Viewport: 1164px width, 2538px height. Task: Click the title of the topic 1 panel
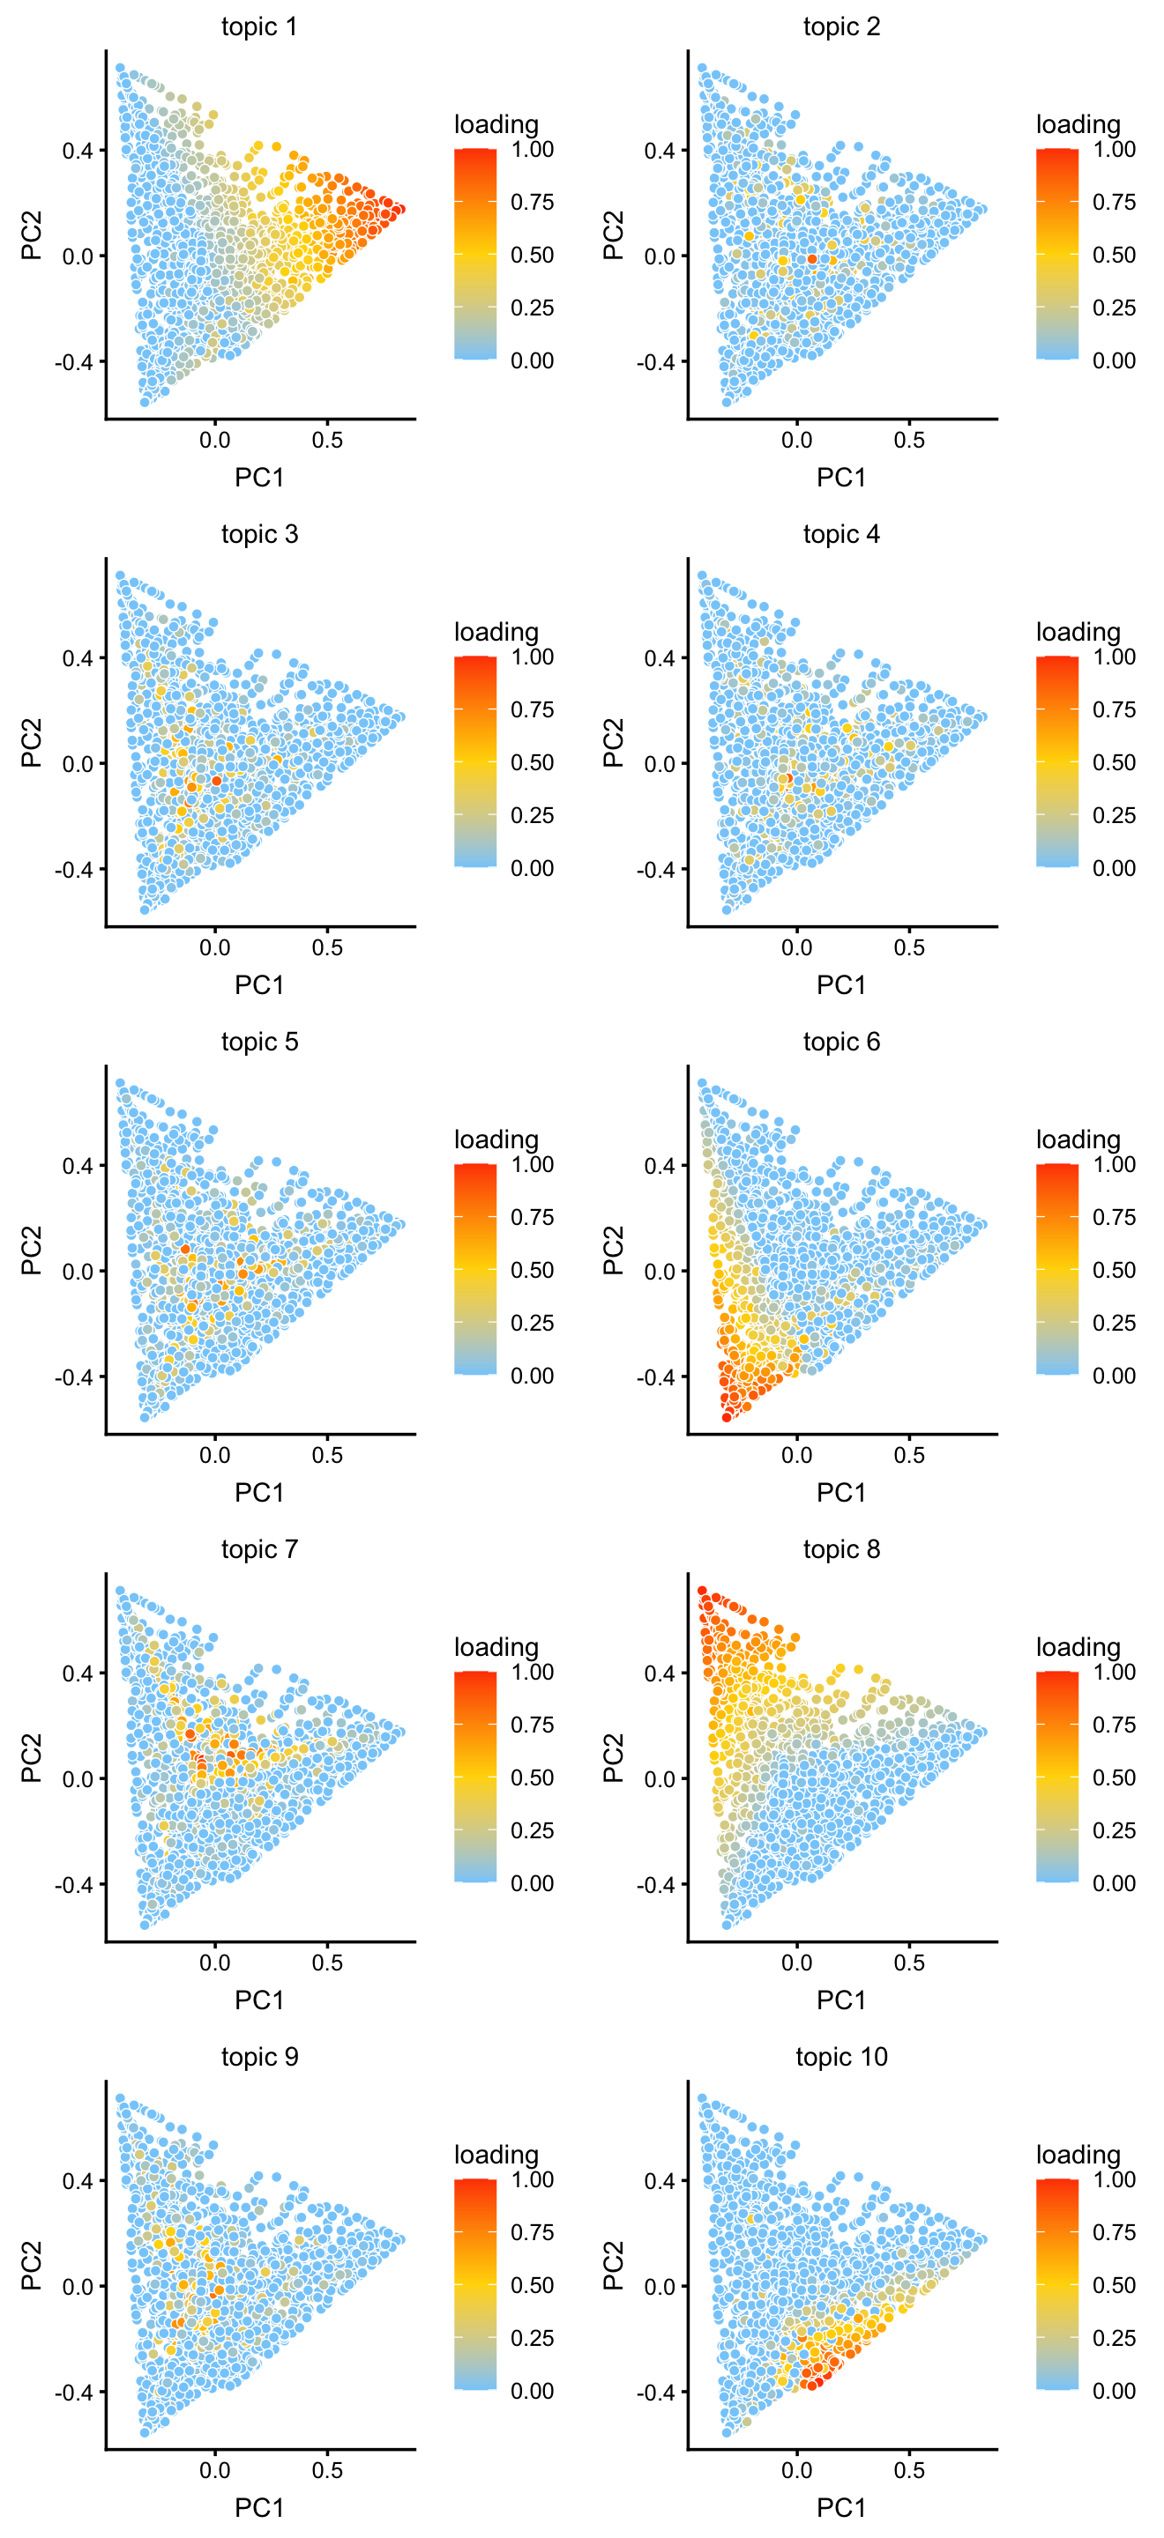coord(259,26)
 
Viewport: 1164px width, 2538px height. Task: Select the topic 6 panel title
coord(840,1042)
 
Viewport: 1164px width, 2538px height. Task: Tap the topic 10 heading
coord(840,2056)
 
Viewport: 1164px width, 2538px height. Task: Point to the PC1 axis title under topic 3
coord(259,984)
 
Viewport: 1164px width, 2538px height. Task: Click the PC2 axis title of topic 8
coord(613,1758)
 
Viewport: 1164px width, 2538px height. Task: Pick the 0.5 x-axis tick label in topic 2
coord(909,441)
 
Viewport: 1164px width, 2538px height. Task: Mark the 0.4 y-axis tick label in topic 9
coord(78,2180)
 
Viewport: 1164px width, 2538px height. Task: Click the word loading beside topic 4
coord(1078,632)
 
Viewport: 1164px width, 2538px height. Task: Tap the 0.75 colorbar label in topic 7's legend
coord(533,1725)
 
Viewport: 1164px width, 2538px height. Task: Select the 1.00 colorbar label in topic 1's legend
coord(533,149)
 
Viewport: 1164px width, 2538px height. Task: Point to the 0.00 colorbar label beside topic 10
coord(1114,2390)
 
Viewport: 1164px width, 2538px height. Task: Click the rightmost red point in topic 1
coord(399,209)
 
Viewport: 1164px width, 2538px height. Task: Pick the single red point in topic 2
coord(812,259)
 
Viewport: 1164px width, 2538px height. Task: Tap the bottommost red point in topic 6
coord(727,1417)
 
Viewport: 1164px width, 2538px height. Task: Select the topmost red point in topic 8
coord(702,1590)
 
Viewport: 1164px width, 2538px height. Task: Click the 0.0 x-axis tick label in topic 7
coord(215,1963)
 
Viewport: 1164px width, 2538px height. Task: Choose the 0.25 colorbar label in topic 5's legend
coord(533,1322)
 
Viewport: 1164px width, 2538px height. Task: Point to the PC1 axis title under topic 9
coord(259,2506)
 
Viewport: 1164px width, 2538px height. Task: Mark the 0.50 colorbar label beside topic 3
coord(533,761)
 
